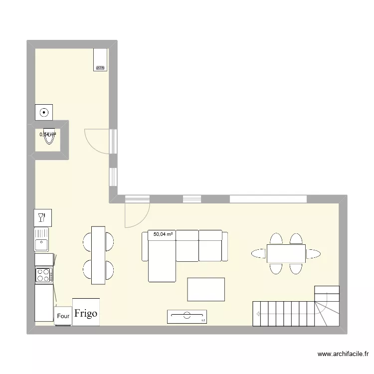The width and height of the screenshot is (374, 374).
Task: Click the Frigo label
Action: (x=86, y=314)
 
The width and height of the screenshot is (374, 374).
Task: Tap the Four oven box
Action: (x=63, y=316)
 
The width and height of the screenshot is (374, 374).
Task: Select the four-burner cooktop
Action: (x=43, y=274)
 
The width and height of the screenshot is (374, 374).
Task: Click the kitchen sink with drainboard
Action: (x=42, y=239)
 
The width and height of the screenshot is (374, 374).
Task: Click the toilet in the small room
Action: (x=48, y=138)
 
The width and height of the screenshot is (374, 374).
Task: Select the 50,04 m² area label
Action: (x=163, y=233)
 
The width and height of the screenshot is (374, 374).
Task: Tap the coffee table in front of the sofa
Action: (x=205, y=290)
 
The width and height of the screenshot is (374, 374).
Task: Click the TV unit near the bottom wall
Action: (x=187, y=316)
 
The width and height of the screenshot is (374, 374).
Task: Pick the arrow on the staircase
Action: (x=258, y=314)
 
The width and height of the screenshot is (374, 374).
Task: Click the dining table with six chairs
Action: (x=286, y=253)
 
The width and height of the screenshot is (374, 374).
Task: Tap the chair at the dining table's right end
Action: (x=313, y=254)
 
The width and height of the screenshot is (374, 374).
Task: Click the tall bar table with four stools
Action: (x=98, y=254)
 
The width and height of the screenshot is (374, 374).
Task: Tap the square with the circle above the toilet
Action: (x=44, y=112)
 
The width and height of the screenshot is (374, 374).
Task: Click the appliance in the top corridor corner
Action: (x=100, y=60)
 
